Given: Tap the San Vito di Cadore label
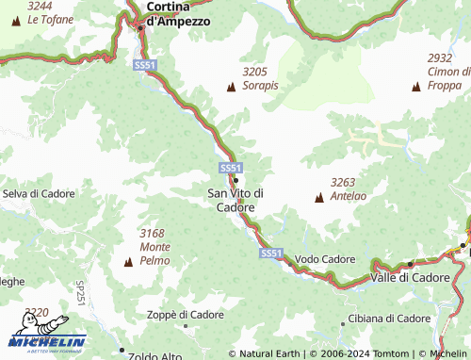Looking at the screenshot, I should click(235, 200).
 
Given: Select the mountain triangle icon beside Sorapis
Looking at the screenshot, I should click(231, 87).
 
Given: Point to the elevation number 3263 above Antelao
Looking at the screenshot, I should click(343, 182).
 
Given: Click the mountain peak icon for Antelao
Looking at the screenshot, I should click(318, 198).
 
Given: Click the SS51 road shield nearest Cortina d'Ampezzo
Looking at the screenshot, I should click(144, 65).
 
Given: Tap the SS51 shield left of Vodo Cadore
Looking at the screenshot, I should click(271, 253).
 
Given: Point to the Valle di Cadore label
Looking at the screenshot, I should click(410, 277).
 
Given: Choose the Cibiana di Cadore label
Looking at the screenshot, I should click(388, 319).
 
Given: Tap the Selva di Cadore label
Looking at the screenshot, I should click(38, 193).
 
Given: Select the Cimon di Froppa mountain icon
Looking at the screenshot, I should click(416, 87).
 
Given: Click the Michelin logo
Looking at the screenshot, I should click(47, 341).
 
